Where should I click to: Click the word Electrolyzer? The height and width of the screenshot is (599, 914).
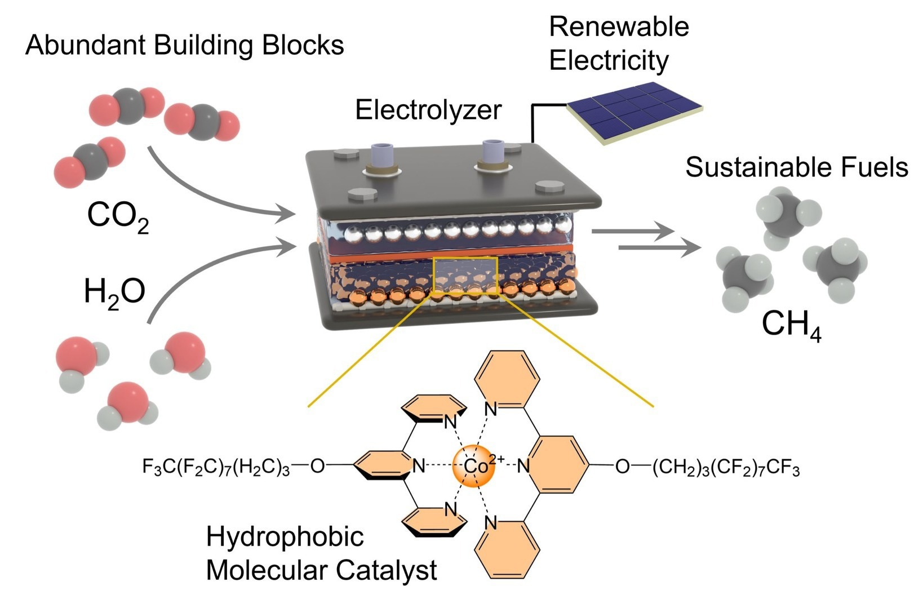click(428, 110)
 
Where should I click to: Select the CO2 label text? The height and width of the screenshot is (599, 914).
click(118, 217)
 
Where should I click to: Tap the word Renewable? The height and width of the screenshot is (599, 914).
click(619, 27)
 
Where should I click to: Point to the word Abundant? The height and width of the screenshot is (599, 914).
click(85, 45)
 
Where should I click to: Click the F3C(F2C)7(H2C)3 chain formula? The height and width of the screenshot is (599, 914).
click(216, 467)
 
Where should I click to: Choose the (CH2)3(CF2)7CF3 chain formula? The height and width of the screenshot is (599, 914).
click(726, 468)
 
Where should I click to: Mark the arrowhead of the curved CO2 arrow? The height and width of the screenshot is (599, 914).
click(286, 213)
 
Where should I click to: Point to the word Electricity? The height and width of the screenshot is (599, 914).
click(609, 60)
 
